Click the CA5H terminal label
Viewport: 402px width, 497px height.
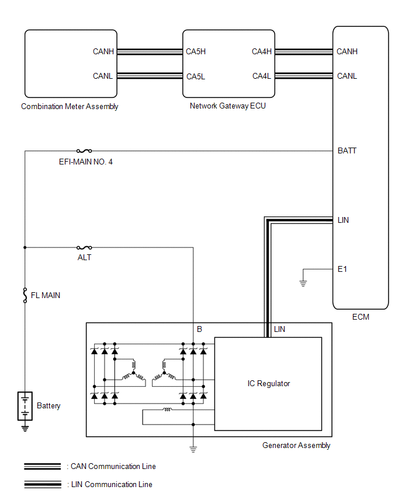pos(196,51)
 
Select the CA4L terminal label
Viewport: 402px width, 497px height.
pos(262,76)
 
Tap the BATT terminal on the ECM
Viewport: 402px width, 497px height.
pos(347,150)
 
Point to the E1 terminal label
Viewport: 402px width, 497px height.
pos(342,269)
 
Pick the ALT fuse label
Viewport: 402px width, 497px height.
pos(84,257)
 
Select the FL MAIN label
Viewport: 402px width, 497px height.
pos(46,296)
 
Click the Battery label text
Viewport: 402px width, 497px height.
pos(48,405)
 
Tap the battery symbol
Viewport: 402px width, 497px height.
pos(25,406)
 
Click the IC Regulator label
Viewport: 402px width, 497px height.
pos(269,383)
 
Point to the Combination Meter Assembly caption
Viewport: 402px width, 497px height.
pos(70,106)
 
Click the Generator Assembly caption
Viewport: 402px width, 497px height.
pos(296,445)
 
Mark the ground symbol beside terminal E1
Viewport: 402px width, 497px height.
pos(303,283)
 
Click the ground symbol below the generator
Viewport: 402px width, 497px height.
pos(193,449)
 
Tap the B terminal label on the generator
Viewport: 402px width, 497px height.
pos(199,330)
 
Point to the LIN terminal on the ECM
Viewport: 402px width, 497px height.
pos(344,220)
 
